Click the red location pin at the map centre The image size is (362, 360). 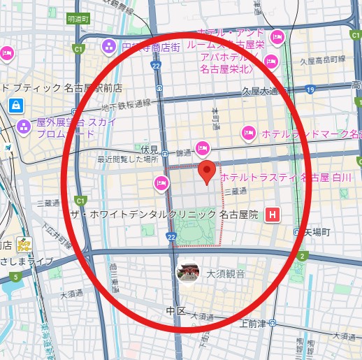click(206, 171)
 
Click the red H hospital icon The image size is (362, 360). click(275, 215)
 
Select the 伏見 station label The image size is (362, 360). click(150, 149)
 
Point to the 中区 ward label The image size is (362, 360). click(175, 310)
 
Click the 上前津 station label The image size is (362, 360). click(252, 323)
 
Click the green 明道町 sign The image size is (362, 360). click(79, 20)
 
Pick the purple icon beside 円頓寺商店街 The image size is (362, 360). click(109, 47)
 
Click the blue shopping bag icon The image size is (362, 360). click(15, 105)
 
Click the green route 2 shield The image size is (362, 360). click(303, 257)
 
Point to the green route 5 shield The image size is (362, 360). click(15, 278)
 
